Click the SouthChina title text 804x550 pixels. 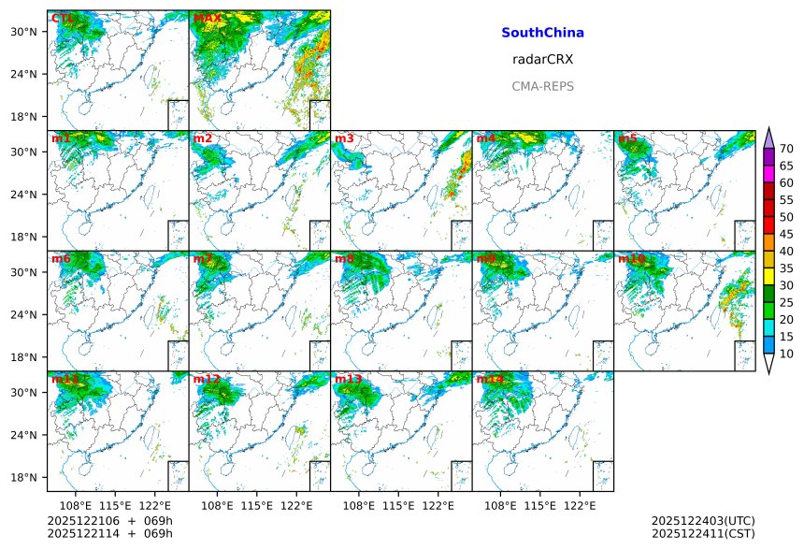pyautogui.click(x=542, y=33)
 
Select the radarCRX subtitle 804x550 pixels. pyautogui.click(x=542, y=59)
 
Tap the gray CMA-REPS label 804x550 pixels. pyautogui.click(x=542, y=86)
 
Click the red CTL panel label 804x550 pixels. pyautogui.click(x=63, y=18)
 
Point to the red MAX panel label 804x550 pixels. pyautogui.click(x=207, y=18)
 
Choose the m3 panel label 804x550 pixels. pyautogui.click(x=344, y=138)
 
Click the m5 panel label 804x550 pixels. pyautogui.click(x=627, y=138)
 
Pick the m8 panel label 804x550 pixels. pyautogui.click(x=344, y=258)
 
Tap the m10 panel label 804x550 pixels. pyautogui.click(x=631, y=258)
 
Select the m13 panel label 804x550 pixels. pyautogui.click(x=348, y=379)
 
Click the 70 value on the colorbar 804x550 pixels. pyautogui.click(x=786, y=149)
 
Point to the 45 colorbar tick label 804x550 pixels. pyautogui.click(x=786, y=234)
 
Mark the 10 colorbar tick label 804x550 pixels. pyautogui.click(x=786, y=354)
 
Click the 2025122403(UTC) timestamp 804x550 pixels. pyautogui.click(x=703, y=521)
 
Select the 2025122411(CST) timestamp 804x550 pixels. pyautogui.click(x=703, y=533)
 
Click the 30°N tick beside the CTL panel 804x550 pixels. pyautogui.click(x=30, y=32)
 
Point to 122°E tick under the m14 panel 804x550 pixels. pyautogui.click(x=581, y=505)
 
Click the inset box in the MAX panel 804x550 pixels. pyautogui.click(x=320, y=114)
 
